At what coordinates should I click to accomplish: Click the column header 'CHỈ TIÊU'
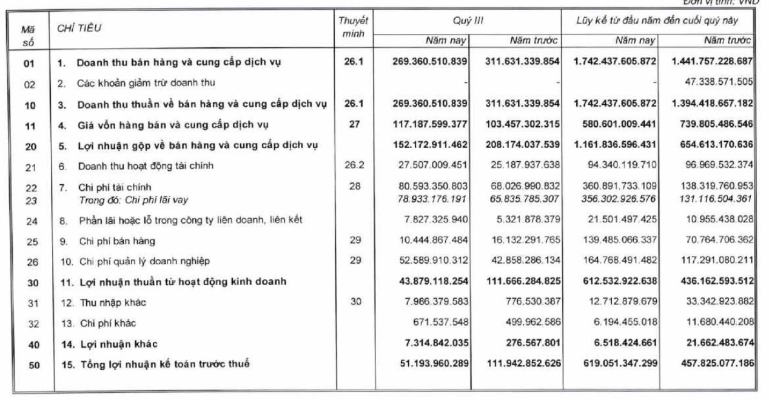tap(79, 28)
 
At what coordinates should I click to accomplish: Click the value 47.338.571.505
tap(713, 82)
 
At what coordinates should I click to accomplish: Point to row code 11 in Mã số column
tap(30, 125)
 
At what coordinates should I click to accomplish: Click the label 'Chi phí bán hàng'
tap(117, 241)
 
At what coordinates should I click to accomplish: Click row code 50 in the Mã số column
tap(30, 364)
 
